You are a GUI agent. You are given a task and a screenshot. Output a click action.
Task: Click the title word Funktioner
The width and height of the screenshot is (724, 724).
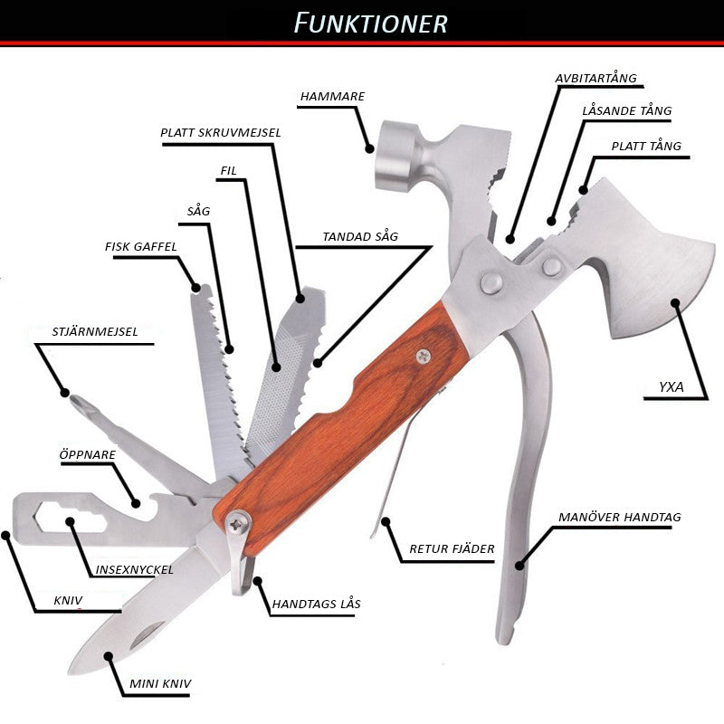tap(371, 22)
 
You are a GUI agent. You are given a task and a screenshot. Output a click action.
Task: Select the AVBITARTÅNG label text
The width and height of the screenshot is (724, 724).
tap(595, 78)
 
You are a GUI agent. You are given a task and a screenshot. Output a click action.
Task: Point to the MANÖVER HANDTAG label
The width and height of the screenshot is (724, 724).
tap(620, 518)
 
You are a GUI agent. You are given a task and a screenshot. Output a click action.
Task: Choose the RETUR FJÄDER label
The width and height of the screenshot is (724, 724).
tap(452, 549)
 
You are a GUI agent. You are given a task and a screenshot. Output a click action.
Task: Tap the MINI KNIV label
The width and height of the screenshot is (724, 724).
tap(159, 684)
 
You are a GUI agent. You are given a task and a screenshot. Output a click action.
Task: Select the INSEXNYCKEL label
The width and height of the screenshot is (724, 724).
tap(134, 570)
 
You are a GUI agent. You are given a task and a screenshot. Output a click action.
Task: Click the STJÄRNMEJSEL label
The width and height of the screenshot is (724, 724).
tap(82, 332)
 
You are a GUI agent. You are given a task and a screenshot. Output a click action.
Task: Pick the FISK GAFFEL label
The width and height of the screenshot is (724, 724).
tap(140, 246)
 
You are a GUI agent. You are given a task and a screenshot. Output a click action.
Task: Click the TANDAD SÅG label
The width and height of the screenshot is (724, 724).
tap(360, 237)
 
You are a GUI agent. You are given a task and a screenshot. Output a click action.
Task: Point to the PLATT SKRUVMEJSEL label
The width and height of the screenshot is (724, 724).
tap(221, 132)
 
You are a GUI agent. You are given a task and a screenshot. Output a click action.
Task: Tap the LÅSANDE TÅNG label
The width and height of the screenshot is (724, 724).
tap(626, 111)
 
